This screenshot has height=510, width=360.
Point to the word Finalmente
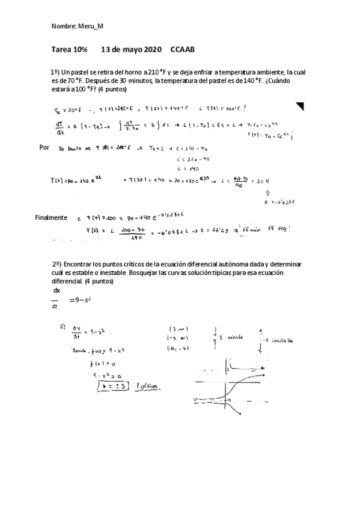[x=51, y=217]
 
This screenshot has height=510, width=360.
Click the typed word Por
[x=44, y=147]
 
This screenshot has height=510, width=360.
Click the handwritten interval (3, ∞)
[x=178, y=328]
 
